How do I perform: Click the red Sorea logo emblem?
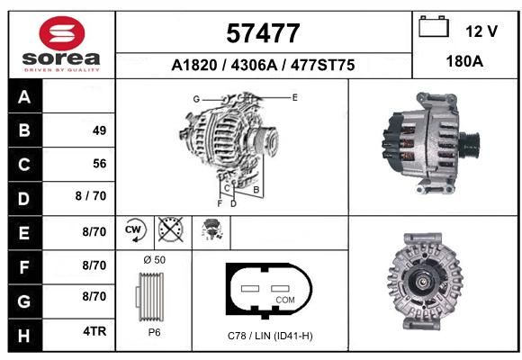62,33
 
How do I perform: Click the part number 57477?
263,33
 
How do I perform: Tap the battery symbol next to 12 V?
434,26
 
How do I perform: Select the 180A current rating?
464,61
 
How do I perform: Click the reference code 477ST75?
322,65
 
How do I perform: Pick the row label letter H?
24,336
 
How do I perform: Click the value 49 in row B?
100,130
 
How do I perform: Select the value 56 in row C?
100,164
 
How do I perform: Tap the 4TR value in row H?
94,331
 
